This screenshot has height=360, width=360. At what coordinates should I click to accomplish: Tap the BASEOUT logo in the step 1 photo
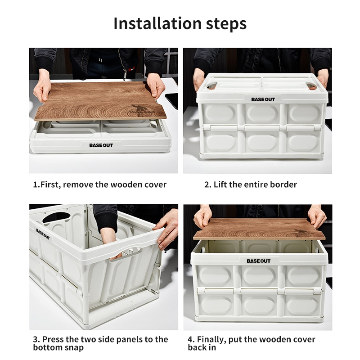pyautogui.click(x=101, y=145)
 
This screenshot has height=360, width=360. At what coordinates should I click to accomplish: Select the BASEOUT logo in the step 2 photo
pyautogui.click(x=263, y=99)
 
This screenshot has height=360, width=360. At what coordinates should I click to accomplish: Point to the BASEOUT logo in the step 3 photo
pyautogui.click(x=43, y=234)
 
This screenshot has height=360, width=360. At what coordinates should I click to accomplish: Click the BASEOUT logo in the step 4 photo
pyautogui.click(x=258, y=261)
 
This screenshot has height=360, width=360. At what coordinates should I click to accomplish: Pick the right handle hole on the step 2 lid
pyautogui.click(x=313, y=86)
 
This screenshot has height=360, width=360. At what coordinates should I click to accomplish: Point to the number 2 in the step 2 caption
pyautogui.click(x=207, y=184)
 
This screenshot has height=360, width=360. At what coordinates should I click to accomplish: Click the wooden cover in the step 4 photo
pyautogui.click(x=259, y=229)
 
